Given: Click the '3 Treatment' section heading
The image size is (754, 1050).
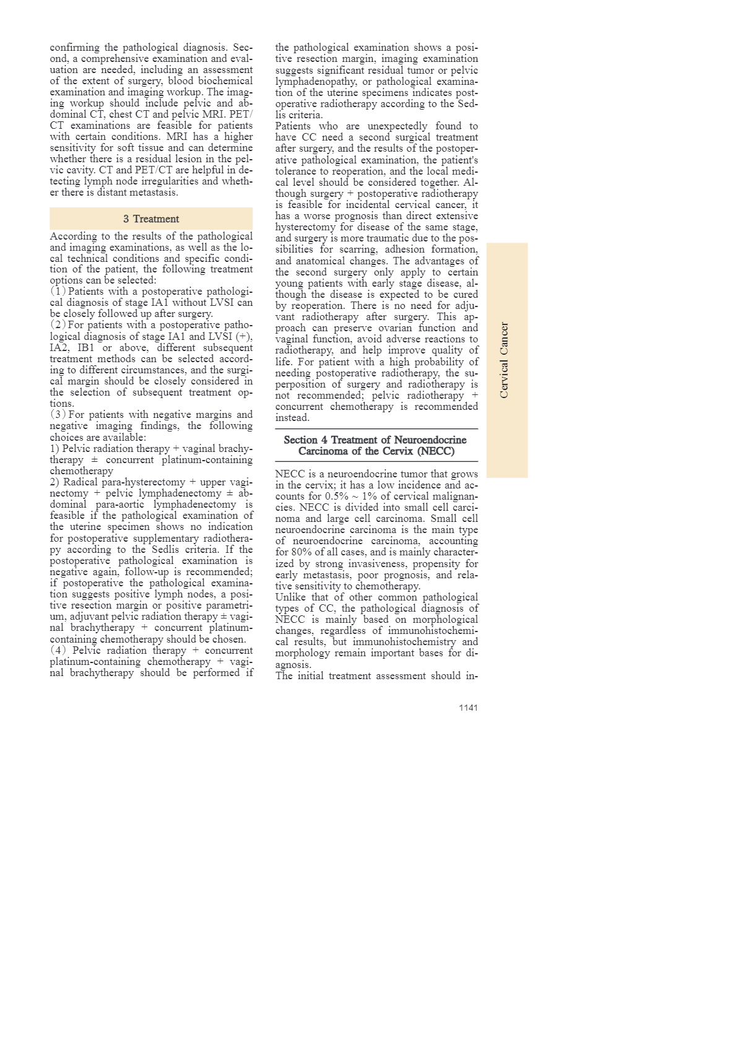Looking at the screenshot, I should [x=151, y=219].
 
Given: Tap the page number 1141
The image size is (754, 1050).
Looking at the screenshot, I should [x=468, y=708].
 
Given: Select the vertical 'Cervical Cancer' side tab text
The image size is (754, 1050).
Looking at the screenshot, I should [x=505, y=360].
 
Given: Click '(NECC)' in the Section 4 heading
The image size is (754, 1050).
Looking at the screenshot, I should [x=436, y=451].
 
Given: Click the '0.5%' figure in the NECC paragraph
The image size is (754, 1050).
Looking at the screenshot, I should [x=337, y=497].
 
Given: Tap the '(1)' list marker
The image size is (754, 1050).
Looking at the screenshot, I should [x=58, y=292].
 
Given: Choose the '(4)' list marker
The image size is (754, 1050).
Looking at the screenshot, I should [x=58, y=651].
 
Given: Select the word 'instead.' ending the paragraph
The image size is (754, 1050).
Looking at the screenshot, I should [x=292, y=418].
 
